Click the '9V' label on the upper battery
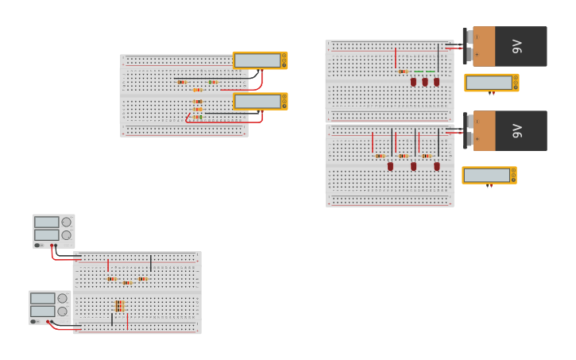(517, 46)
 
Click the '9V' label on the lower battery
(517, 130)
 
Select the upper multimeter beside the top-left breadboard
(260, 60)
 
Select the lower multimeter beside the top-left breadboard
(260, 101)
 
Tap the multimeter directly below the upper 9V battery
(491, 83)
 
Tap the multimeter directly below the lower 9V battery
(489, 175)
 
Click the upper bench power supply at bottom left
(53, 230)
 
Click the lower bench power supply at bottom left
(50, 307)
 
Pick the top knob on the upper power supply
(67, 223)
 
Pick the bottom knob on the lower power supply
(63, 312)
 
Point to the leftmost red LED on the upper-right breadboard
(413, 81)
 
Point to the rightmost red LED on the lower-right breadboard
(436, 166)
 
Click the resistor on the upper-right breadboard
(403, 72)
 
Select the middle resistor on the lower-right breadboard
(403, 156)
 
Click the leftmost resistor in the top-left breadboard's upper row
(182, 82)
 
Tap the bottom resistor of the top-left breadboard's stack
(197, 117)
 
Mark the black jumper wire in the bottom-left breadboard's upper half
(151, 263)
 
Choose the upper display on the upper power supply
(46, 223)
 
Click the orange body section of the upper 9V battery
(484, 46)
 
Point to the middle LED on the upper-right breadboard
(425, 81)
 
